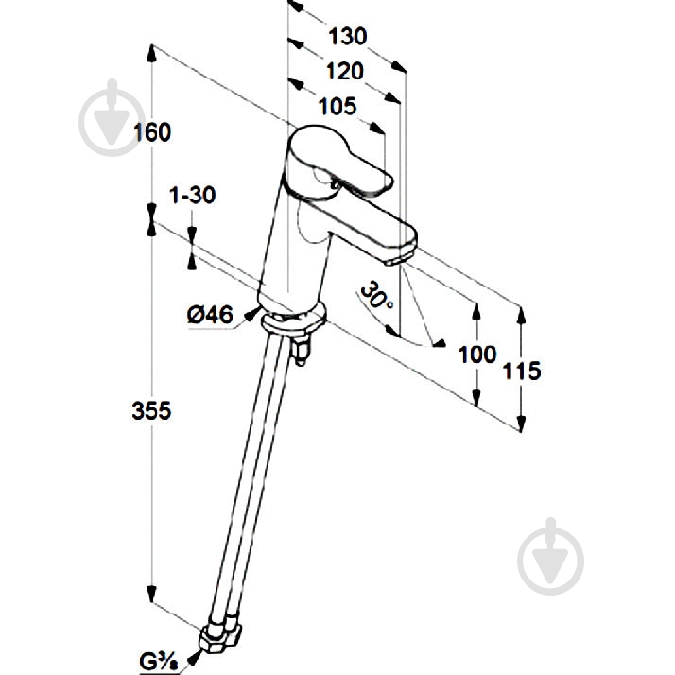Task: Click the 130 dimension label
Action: pyautogui.click(x=347, y=36)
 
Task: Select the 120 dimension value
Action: pyautogui.click(x=345, y=71)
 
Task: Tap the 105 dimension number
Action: pyautogui.click(x=337, y=106)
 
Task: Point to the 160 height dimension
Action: pyautogui.click(x=152, y=132)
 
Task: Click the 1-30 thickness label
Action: pyautogui.click(x=193, y=195)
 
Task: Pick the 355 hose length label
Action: pyautogui.click(x=151, y=410)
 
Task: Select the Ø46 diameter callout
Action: pyautogui.click(x=210, y=315)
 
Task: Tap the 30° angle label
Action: pyautogui.click(x=376, y=296)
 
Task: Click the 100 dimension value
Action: pyautogui.click(x=477, y=355)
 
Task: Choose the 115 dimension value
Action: pyautogui.click(x=522, y=371)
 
